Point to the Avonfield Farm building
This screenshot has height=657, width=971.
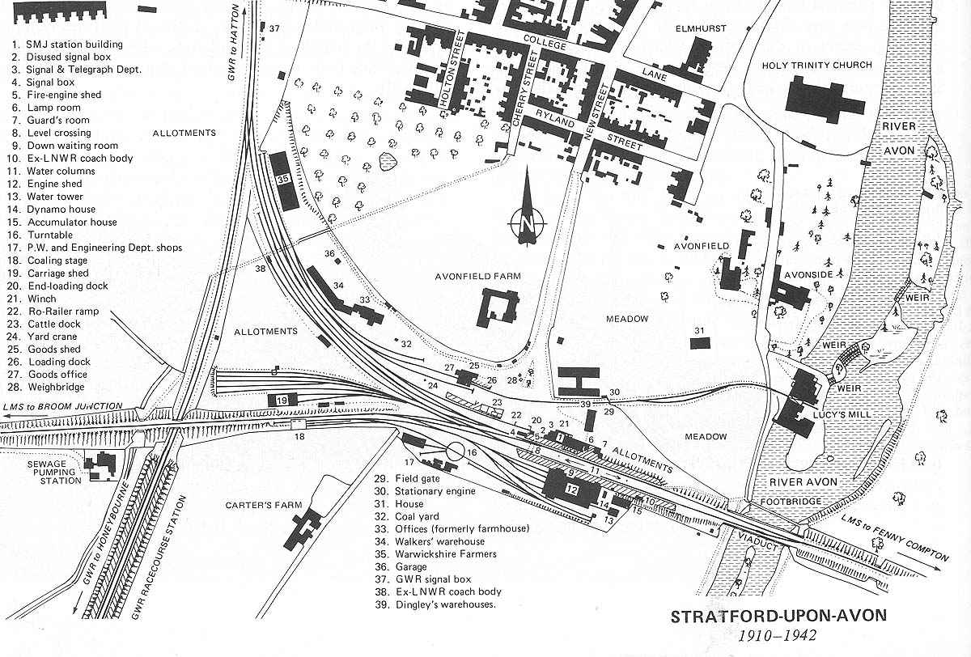497,308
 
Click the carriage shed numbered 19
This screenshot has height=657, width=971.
282,400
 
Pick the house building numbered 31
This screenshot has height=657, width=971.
700,343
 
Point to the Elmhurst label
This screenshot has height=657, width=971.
701,28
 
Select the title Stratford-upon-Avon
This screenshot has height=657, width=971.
778,616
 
